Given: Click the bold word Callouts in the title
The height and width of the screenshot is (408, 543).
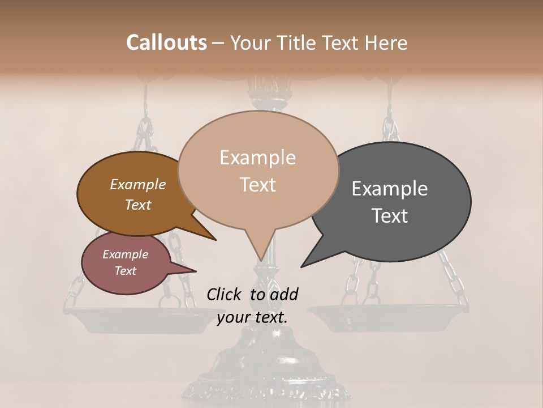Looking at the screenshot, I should click(166, 42).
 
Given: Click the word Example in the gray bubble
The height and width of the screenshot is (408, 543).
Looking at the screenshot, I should click(389, 189).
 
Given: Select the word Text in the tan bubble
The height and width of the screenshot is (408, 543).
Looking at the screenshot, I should click(258, 185).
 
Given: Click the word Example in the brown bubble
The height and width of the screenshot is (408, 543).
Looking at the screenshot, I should click(137, 184).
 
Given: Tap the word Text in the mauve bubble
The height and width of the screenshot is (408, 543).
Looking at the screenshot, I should click(125, 271).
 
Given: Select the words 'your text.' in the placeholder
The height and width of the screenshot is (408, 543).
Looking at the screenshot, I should click(252, 317).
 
